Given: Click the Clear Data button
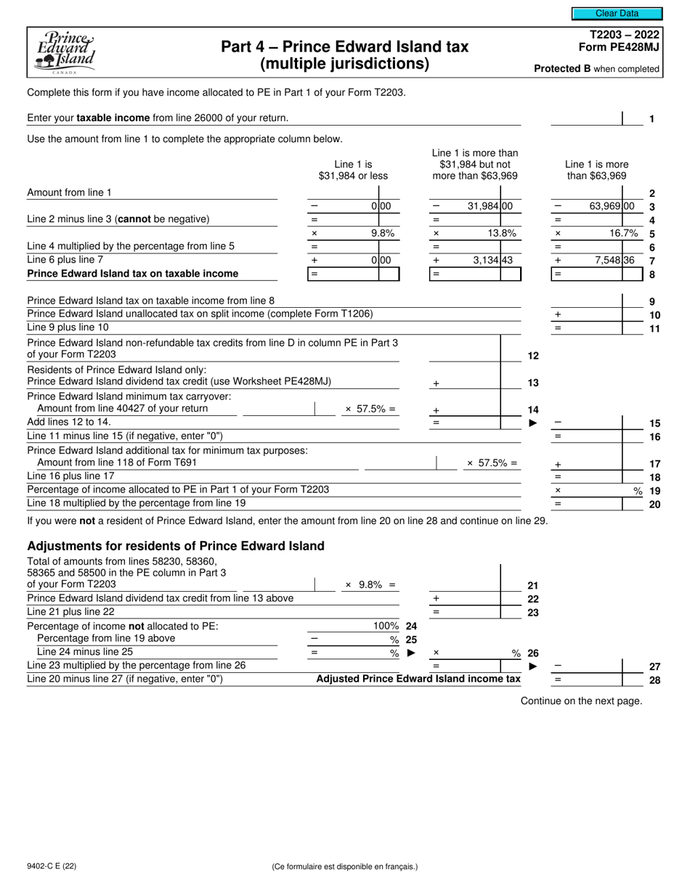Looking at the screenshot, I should (x=617, y=13).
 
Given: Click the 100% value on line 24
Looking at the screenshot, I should (x=386, y=625).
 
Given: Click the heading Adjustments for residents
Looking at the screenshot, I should (x=175, y=546).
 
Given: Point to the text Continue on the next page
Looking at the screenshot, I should (x=581, y=701).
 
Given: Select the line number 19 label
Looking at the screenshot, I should (x=654, y=491).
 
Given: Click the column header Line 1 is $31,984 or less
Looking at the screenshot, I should (x=353, y=170).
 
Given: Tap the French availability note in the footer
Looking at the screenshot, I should (x=344, y=866).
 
